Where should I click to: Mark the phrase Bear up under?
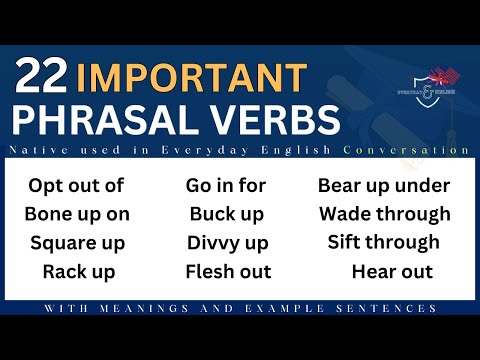tap(384, 185)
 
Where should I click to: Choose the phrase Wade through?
tap(384, 214)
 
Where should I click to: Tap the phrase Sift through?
tap(384, 243)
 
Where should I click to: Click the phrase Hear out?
tap(392, 271)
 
